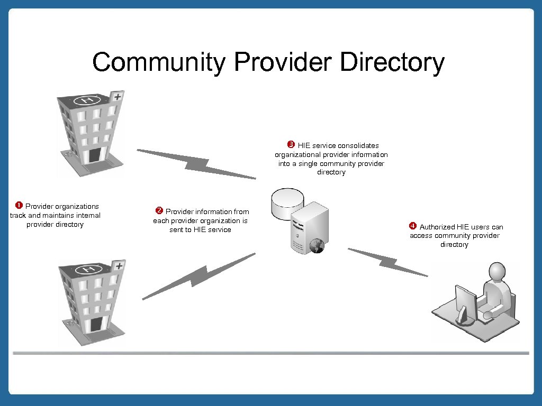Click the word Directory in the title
(x=392, y=62)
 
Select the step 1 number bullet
(x=18, y=206)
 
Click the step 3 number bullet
(x=291, y=144)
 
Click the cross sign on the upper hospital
(x=117, y=97)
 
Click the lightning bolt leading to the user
(x=387, y=262)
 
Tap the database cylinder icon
(x=287, y=203)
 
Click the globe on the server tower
(x=317, y=245)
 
